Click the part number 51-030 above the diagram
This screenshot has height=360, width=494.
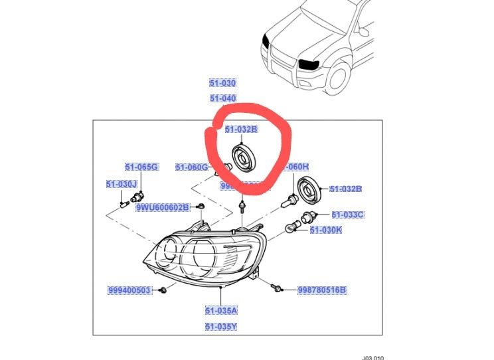pyautogui.click(x=222, y=83)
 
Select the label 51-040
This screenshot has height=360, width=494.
pyautogui.click(x=222, y=98)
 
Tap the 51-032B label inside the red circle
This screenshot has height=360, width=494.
pyautogui.click(x=240, y=130)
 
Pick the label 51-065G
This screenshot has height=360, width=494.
pyautogui.click(x=141, y=167)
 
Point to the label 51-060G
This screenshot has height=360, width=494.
pyautogui.click(x=192, y=167)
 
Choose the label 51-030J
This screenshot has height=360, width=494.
pyautogui.click(x=121, y=184)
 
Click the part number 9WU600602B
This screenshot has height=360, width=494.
pyautogui.click(x=163, y=208)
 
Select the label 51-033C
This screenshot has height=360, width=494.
pyautogui.click(x=347, y=215)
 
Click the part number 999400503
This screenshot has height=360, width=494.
pyautogui.click(x=129, y=290)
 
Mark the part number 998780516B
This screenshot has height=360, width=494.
pyautogui.click(x=322, y=290)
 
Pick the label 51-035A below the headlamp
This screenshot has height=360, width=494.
pyautogui.click(x=221, y=310)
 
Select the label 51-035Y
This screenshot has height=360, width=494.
pyautogui.click(x=221, y=326)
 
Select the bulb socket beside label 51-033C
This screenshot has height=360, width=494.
pyautogui.click(x=308, y=215)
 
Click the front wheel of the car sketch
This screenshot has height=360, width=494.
pyautogui.click(x=339, y=76)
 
